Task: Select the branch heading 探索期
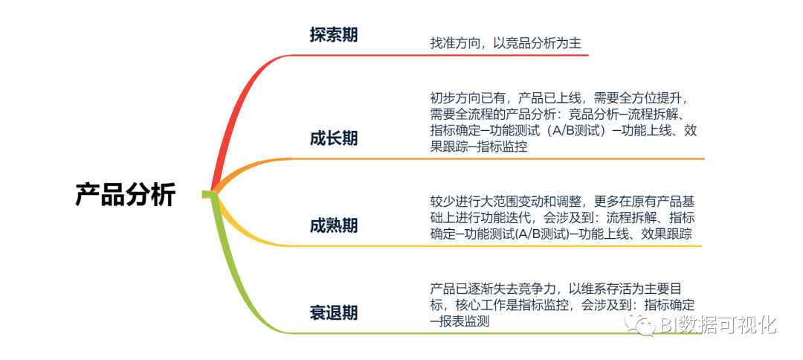pyautogui.click(x=334, y=35)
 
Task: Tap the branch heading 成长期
pyautogui.click(x=334, y=138)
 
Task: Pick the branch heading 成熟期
pyautogui.click(x=334, y=225)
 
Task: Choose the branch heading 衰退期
pyautogui.click(x=334, y=313)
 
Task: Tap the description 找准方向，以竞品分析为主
pyautogui.click(x=505, y=44)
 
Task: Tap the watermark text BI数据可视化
pyautogui.click(x=718, y=324)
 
